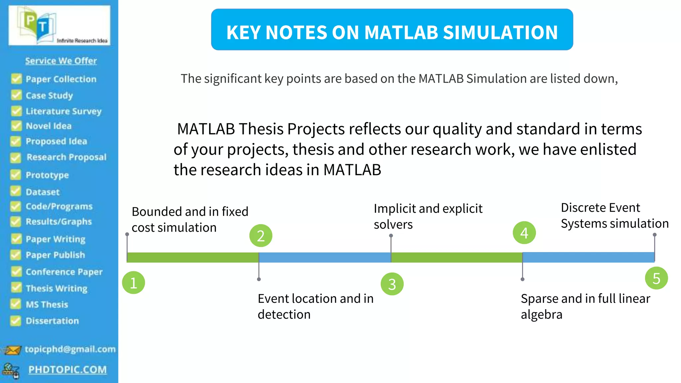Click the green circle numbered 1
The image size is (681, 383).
click(133, 283)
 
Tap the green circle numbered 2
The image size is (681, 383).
click(261, 235)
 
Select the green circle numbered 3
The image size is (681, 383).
click(392, 284)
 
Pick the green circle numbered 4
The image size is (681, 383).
click(524, 233)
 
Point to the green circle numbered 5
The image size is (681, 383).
click(656, 278)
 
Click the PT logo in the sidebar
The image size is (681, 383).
click(59, 25)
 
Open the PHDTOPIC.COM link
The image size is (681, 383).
click(68, 369)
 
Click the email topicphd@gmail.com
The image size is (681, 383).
click(70, 349)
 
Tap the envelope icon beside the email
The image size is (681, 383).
click(12, 350)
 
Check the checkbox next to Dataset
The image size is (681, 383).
click(16, 191)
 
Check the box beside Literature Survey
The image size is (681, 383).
click(16, 111)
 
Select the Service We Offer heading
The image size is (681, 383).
click(61, 61)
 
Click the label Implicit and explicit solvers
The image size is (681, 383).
click(428, 216)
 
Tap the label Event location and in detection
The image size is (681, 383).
click(315, 306)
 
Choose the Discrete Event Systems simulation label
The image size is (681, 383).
click(614, 215)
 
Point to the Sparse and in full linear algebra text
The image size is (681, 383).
click(585, 306)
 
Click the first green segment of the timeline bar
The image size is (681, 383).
click(193, 257)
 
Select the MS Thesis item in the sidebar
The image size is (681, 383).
click(47, 304)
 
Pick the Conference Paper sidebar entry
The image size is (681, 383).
click(64, 272)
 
